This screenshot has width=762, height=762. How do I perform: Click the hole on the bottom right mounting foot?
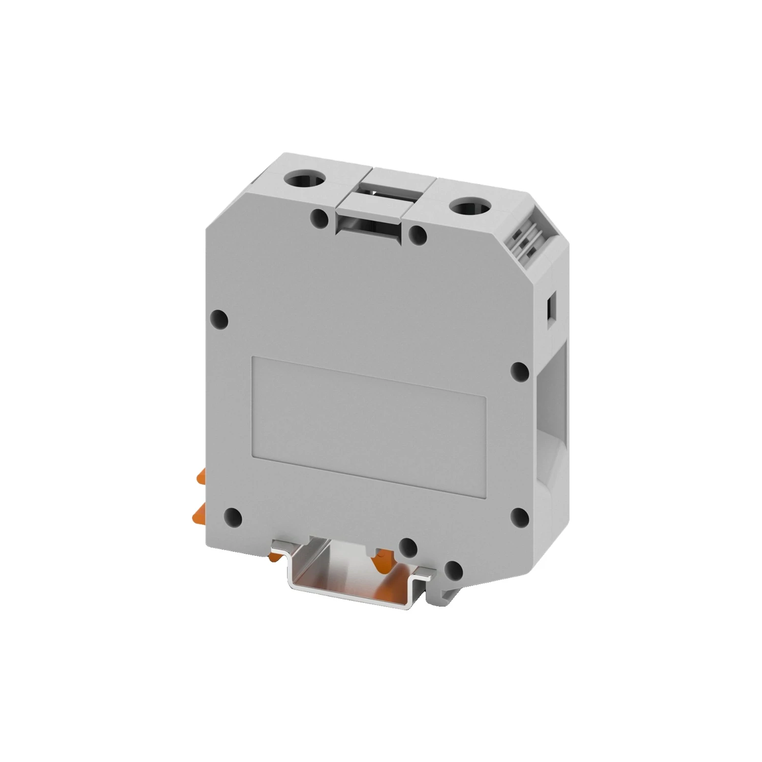pos(454,569)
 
